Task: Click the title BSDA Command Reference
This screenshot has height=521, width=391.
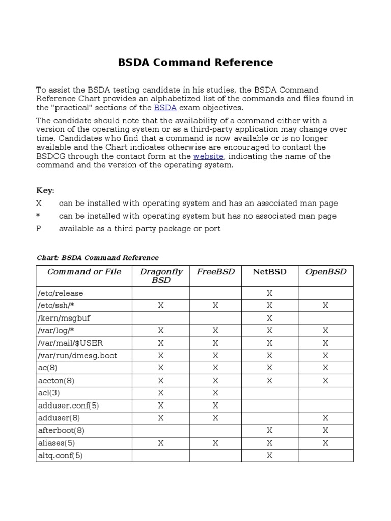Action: click(195, 63)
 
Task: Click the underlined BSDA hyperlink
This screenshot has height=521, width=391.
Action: click(165, 108)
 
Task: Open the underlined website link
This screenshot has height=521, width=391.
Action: click(209, 157)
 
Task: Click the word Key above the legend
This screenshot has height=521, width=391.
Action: click(45, 190)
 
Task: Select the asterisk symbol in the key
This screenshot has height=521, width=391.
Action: click(38, 216)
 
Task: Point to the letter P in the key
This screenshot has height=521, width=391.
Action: click(38, 229)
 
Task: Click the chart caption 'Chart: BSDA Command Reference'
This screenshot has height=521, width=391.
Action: click(98, 258)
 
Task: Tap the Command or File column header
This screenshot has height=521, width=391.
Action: click(84, 272)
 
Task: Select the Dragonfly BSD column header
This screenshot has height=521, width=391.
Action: click(161, 276)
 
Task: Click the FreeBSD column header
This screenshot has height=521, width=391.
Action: click(215, 272)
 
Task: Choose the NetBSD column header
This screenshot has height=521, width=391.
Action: click(269, 272)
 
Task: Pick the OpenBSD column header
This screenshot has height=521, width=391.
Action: click(325, 272)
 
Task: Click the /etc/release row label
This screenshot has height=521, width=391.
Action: click(61, 294)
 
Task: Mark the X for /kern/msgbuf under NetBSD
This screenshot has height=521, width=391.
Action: click(269, 319)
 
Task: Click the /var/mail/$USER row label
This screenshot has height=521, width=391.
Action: click(70, 343)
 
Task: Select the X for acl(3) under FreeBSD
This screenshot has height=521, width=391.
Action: click(215, 393)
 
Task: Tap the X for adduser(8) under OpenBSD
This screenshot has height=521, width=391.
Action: click(325, 418)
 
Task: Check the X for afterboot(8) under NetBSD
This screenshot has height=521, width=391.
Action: click(269, 430)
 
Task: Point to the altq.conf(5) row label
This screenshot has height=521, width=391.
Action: click(60, 456)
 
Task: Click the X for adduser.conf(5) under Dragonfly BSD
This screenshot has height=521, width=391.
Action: click(161, 406)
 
